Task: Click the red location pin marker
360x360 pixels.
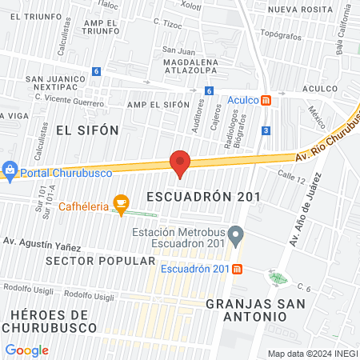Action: tap(180, 163)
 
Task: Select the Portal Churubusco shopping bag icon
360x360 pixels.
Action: tap(10, 169)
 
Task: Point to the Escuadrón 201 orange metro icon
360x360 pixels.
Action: tap(238, 268)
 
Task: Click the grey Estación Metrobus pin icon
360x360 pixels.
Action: tap(235, 236)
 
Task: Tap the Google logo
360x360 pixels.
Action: tap(26, 350)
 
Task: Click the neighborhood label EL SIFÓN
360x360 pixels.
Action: tap(87, 130)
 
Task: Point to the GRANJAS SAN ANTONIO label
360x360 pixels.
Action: tap(245, 310)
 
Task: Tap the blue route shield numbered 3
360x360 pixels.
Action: tap(266, 130)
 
